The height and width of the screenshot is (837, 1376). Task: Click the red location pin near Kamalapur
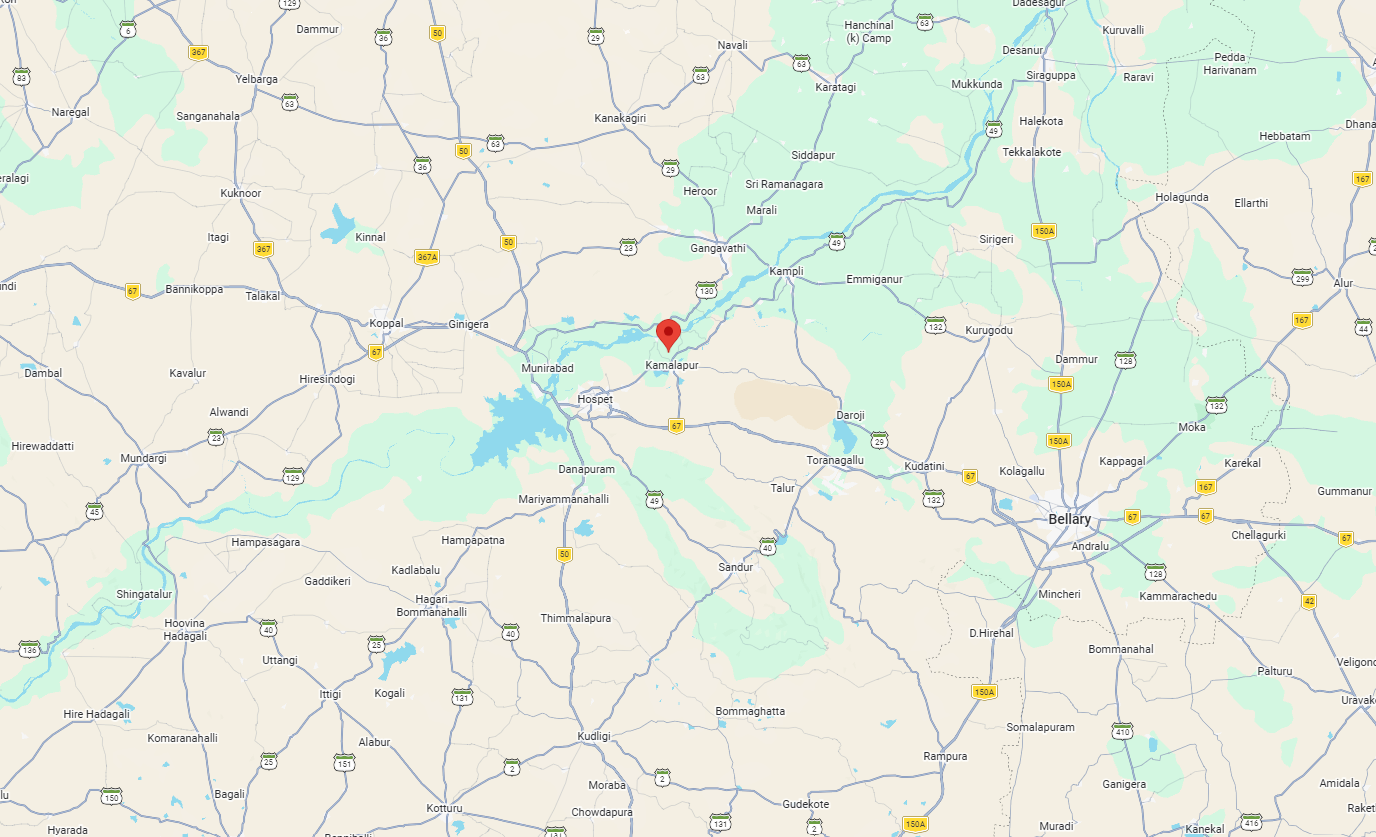click(669, 333)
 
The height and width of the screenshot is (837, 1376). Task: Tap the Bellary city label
click(1069, 519)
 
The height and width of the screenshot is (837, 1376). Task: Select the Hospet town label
click(595, 399)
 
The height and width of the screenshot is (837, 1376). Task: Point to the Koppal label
click(386, 323)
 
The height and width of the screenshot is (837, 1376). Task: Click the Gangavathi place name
click(718, 248)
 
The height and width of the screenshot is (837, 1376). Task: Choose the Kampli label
click(786, 272)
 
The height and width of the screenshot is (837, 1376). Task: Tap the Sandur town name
click(735, 567)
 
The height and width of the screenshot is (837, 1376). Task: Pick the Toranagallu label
click(834, 460)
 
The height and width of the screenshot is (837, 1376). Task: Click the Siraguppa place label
click(1051, 73)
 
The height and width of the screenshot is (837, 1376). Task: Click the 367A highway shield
click(427, 257)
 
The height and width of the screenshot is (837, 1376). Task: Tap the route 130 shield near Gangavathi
click(707, 291)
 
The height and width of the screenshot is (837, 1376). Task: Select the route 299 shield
click(1301, 276)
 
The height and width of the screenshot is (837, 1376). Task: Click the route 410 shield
click(1122, 730)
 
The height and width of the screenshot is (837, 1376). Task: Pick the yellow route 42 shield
click(1309, 601)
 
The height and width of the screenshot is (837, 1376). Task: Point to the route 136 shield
click(30, 649)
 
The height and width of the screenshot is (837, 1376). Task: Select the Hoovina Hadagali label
click(184, 629)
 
